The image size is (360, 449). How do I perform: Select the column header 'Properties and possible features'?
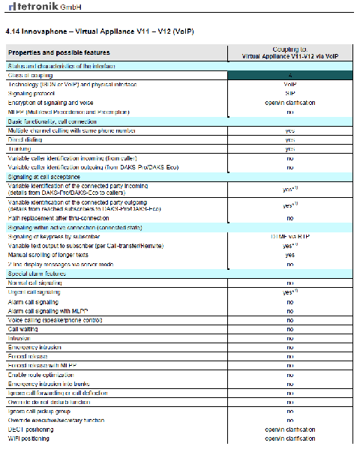click(59, 52)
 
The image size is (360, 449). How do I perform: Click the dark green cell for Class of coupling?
click(289, 76)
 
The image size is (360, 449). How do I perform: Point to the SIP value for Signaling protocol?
click(289, 94)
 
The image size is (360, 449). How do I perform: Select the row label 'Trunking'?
click(21, 148)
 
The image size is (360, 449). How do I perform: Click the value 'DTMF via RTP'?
click(289, 236)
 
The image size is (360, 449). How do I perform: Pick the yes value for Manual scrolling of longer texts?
click(289, 255)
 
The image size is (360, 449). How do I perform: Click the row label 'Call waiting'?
click(23, 328)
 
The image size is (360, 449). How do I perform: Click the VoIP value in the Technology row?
click(289, 85)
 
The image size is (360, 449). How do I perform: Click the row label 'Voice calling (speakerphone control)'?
click(60, 319)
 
